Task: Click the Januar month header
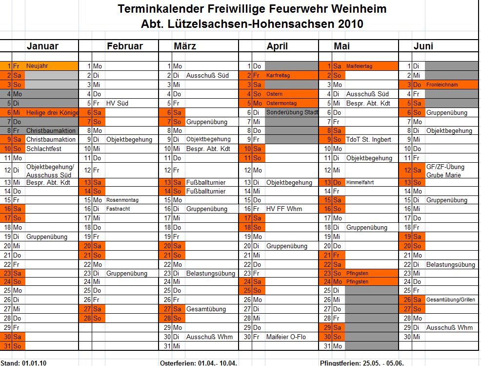pos(42,46)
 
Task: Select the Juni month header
pos(423,46)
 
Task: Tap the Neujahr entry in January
pos(37,66)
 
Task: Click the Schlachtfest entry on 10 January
pos(44,149)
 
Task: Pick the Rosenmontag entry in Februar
pos(122,200)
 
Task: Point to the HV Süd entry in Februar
pos(117,103)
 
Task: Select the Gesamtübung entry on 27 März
pos(206,309)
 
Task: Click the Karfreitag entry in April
pos(278,76)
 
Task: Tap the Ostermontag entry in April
pos(281,103)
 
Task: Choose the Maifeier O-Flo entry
pos(287,337)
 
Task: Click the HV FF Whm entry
pos(284,209)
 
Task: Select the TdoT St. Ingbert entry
pos(369,139)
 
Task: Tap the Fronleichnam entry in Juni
pos(443,85)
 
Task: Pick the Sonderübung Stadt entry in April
pos(292,112)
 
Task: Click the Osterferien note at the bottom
pos(199,363)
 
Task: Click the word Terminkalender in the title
pos(160,9)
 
